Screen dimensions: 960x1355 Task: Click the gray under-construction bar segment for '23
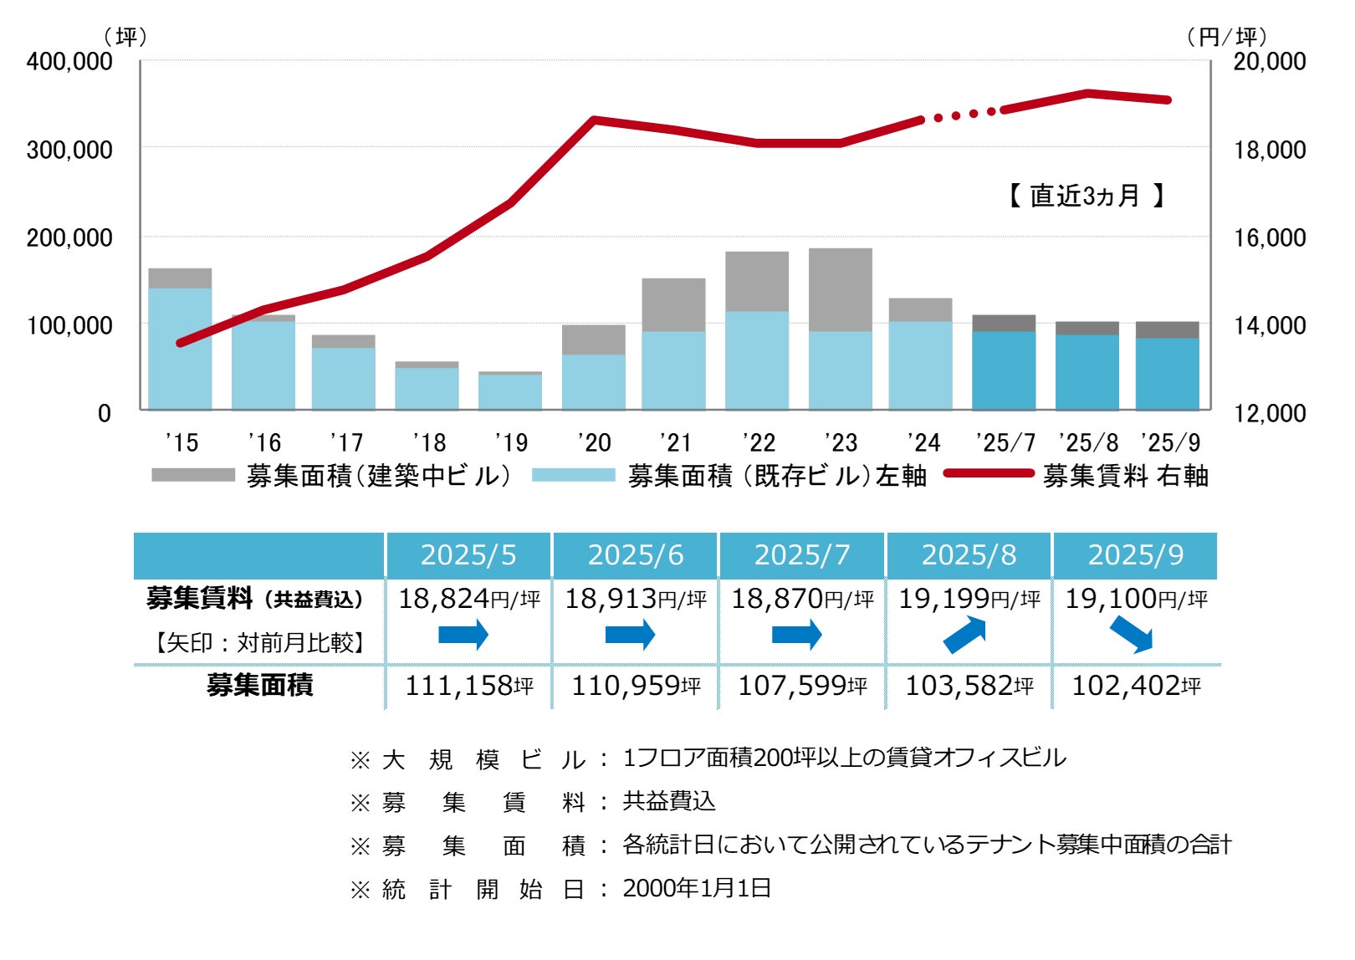click(840, 289)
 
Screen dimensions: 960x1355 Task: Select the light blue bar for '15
click(180, 348)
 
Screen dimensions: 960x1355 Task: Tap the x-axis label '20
click(594, 442)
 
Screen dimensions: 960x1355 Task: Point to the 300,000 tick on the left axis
click(69, 150)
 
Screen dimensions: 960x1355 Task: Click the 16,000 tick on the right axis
click(1270, 237)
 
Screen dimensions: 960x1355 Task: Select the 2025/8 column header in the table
click(969, 555)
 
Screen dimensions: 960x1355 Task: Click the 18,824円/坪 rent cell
click(468, 599)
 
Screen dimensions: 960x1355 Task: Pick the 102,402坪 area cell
click(1136, 686)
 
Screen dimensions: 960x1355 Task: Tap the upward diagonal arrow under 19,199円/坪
click(965, 635)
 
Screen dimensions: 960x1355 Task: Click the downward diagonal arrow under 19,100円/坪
click(1131, 636)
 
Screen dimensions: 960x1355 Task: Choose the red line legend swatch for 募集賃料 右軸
click(989, 473)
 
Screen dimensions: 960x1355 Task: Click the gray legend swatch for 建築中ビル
click(193, 475)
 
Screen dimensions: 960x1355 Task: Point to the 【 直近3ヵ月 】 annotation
click(1086, 196)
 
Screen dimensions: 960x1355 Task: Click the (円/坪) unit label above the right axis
click(1226, 37)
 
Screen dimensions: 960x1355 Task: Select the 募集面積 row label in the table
click(259, 686)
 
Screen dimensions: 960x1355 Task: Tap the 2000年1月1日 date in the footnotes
click(697, 888)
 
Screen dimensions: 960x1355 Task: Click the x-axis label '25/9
click(1170, 442)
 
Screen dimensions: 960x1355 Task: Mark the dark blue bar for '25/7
click(1004, 370)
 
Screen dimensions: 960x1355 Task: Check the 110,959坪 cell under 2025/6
click(636, 686)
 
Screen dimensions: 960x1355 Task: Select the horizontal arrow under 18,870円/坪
click(796, 635)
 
